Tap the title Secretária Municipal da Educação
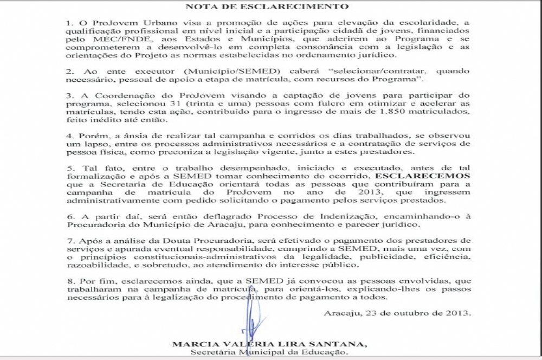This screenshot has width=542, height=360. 269,353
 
